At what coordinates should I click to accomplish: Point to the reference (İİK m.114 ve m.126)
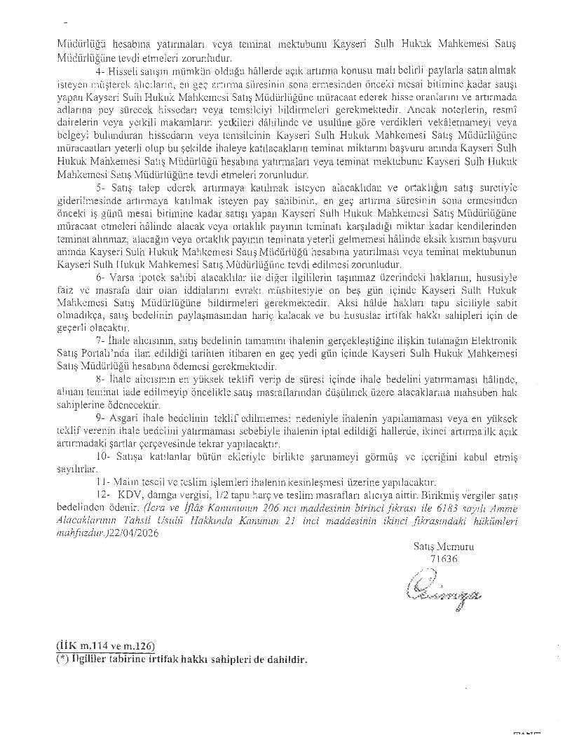pos(106,645)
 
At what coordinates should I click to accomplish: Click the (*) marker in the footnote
pos(62,660)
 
